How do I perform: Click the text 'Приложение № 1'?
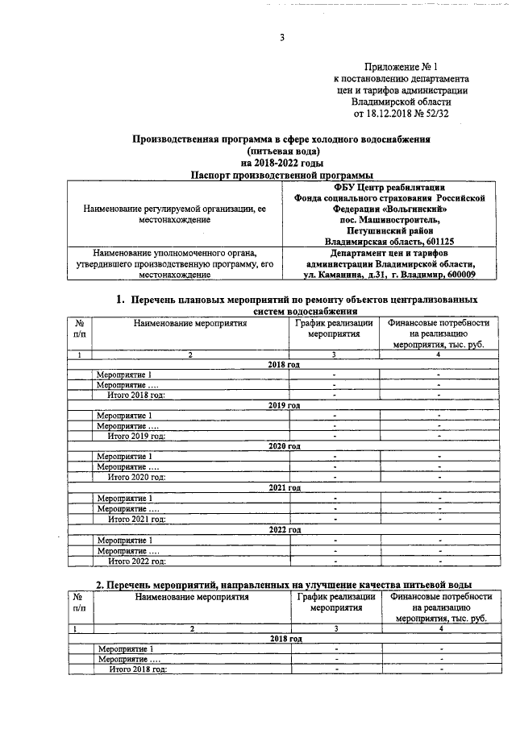pyautogui.click(x=401, y=66)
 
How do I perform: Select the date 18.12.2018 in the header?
pyautogui.click(x=391, y=114)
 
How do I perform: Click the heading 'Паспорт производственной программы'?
pyautogui.click(x=281, y=174)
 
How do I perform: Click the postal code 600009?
pyautogui.click(x=457, y=275)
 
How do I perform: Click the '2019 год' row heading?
pyautogui.click(x=284, y=405)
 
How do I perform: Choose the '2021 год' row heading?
pyautogui.click(x=284, y=488)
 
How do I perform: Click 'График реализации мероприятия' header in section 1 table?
pyautogui.click(x=335, y=329)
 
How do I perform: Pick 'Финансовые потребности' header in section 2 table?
pyautogui.click(x=440, y=597)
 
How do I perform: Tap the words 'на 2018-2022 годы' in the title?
pyautogui.click(x=281, y=162)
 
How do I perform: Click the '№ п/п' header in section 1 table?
pyautogui.click(x=78, y=329)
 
